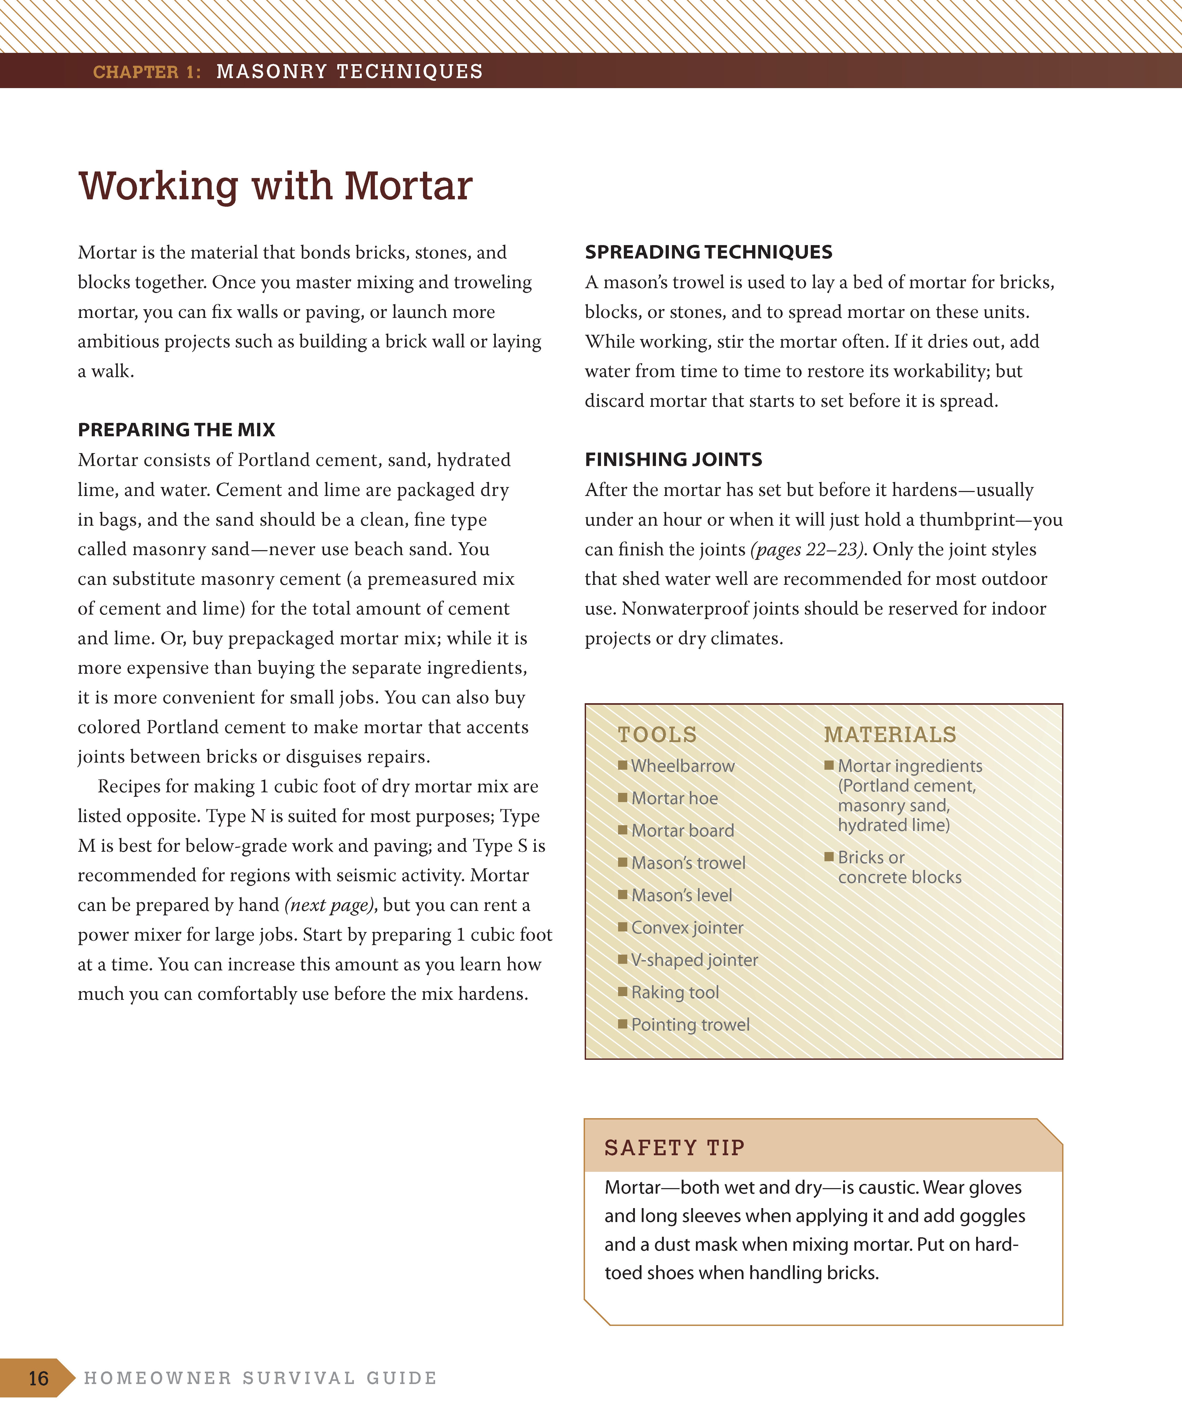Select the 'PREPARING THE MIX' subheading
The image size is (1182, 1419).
click(x=176, y=430)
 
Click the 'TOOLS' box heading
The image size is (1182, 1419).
click(x=656, y=734)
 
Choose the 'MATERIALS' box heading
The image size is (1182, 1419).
click(x=890, y=734)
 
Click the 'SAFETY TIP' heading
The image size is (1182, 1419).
click(x=674, y=1147)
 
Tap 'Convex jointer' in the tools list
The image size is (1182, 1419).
click(x=687, y=928)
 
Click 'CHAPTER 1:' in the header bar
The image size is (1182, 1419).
click(x=147, y=72)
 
